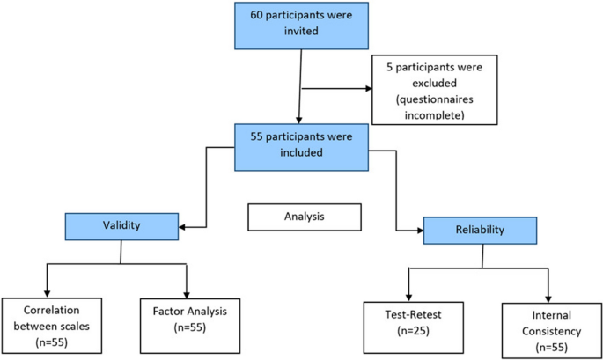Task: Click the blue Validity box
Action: pyautogui.click(x=121, y=225)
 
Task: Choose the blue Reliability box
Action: pyautogui.click(x=480, y=230)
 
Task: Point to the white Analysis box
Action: pyautogui.click(x=305, y=215)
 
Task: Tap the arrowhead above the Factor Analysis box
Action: pyautogui.click(x=188, y=291)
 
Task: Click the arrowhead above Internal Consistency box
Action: pyautogui.click(x=548, y=298)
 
